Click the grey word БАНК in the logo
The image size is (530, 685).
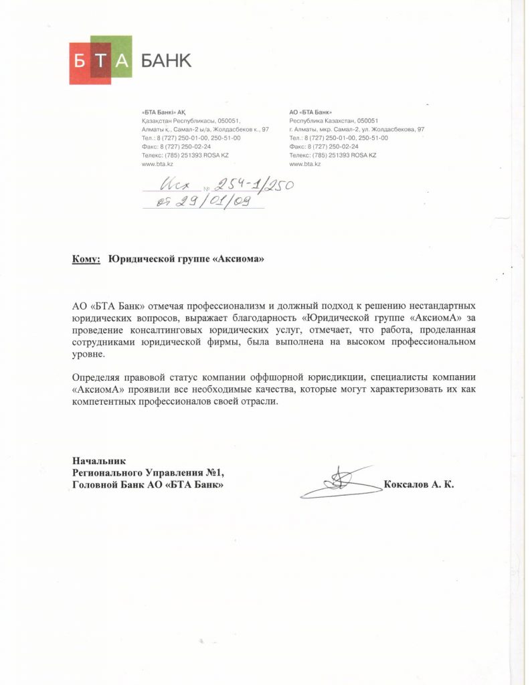(x=165, y=62)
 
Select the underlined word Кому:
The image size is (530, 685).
(x=86, y=259)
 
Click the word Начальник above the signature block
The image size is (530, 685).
(x=98, y=460)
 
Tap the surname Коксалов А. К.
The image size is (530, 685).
(x=419, y=484)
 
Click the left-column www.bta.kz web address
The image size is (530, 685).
(x=157, y=164)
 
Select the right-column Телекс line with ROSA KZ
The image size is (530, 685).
(x=333, y=155)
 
